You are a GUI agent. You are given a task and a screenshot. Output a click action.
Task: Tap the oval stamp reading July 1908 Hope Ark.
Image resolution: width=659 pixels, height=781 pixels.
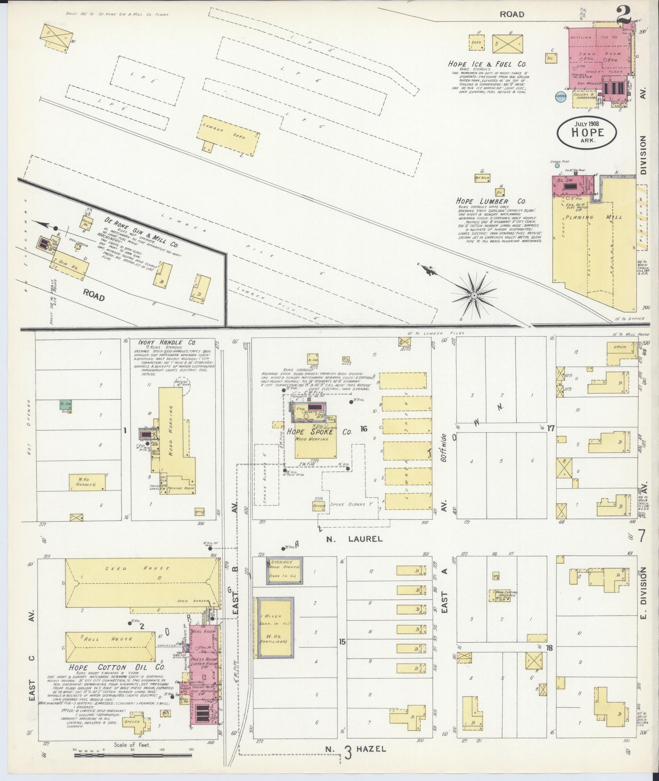tap(587, 133)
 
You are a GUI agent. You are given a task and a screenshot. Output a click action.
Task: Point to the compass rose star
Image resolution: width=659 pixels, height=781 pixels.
tap(474, 296)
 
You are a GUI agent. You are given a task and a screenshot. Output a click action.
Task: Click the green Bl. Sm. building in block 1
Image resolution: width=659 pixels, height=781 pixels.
tap(66, 405)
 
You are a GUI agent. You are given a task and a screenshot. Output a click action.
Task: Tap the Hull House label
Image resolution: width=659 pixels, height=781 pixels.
tap(110, 639)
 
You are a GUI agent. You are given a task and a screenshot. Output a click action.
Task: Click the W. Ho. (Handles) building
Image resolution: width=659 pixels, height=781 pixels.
tap(87, 482)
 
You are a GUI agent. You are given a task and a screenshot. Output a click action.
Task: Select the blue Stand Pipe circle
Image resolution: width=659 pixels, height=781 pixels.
tap(557, 165)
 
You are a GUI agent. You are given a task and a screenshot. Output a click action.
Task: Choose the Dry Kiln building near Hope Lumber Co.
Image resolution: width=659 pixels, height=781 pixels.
tap(482, 178)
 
